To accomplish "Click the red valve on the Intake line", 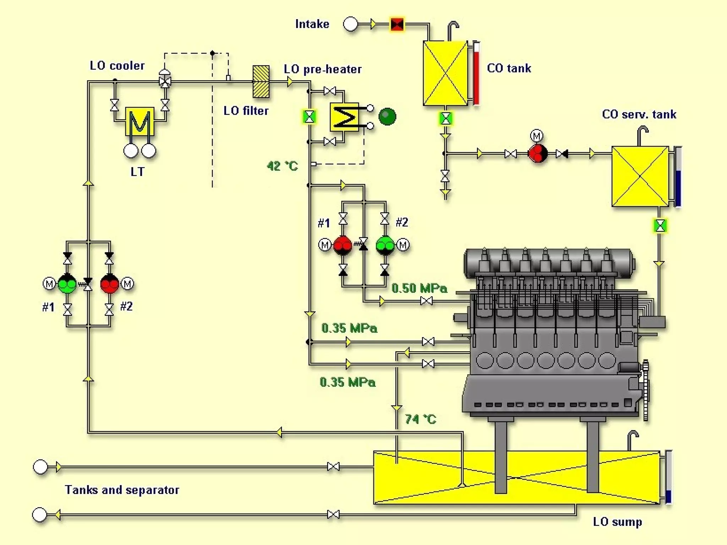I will pyautogui.click(x=397, y=24).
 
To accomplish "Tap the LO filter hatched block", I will pyautogui.click(x=261, y=82).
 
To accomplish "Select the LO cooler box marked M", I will pyautogui.click(x=140, y=121).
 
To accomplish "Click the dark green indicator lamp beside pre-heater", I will pyautogui.click(x=387, y=116).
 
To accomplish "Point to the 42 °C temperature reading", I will pyautogui.click(x=282, y=166).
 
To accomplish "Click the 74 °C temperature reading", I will pyautogui.click(x=420, y=419).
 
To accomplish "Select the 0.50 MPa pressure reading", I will pyautogui.click(x=419, y=288).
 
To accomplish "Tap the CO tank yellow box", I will pyautogui.click(x=445, y=73).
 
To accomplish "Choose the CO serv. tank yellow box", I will pyautogui.click(x=640, y=176).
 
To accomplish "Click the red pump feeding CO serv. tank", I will pyautogui.click(x=537, y=154).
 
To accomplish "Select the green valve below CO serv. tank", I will pyautogui.click(x=660, y=226).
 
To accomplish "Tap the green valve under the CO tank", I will pyautogui.click(x=446, y=119).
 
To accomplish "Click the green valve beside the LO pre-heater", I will pyautogui.click(x=309, y=117).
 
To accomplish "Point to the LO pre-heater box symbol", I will pyautogui.click(x=344, y=117).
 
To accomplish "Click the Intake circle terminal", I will pyautogui.click(x=351, y=24).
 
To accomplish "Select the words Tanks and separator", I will pyautogui.click(x=122, y=490).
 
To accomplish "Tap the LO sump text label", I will pyautogui.click(x=617, y=522).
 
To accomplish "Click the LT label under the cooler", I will pyautogui.click(x=137, y=172).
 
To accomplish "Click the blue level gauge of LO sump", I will pyautogui.click(x=668, y=477).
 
